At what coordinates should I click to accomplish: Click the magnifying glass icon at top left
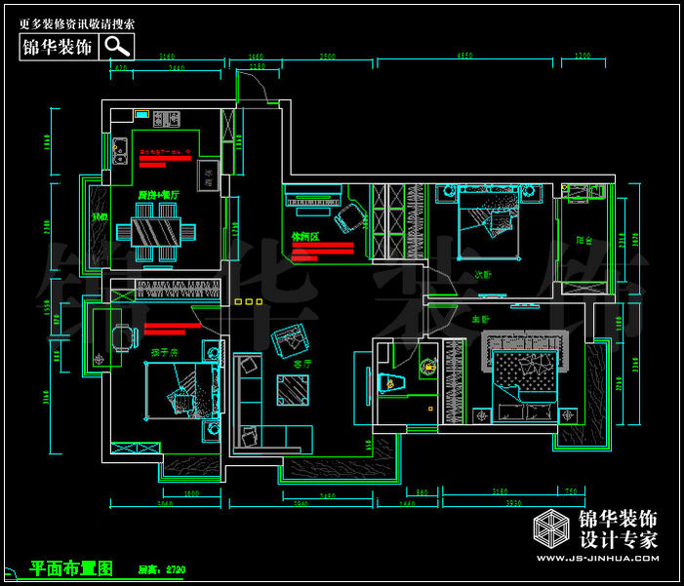pos(117,45)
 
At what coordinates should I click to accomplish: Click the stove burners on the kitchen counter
pos(165,120)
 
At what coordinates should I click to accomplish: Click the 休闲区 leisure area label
pos(305,236)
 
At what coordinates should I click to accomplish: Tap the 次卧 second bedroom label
pos(483,274)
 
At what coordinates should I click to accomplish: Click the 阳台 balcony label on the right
pos(583,239)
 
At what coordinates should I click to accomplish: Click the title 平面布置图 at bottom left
pos(72,567)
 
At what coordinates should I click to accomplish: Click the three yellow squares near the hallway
pos(249,302)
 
